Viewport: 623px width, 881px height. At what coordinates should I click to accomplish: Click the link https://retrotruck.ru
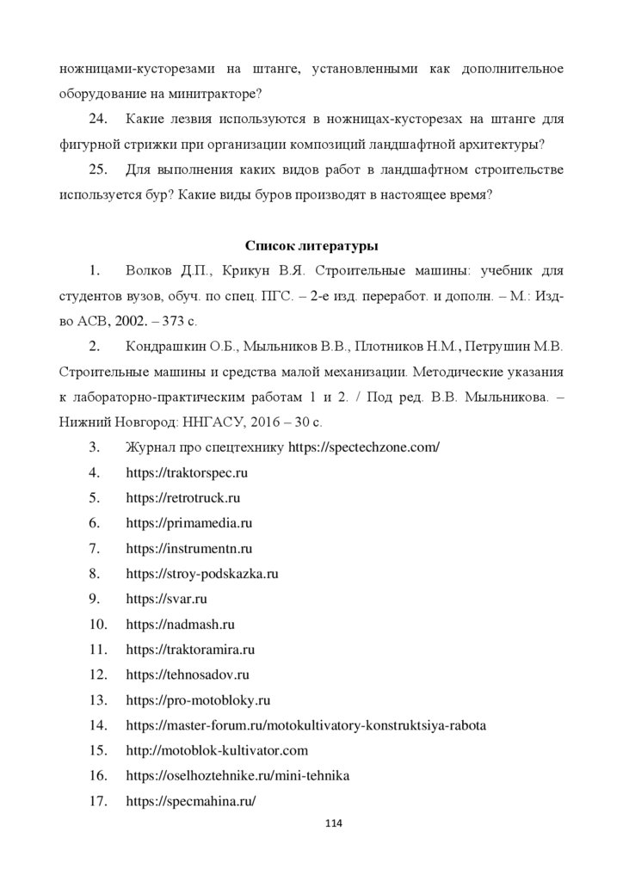click(x=182, y=497)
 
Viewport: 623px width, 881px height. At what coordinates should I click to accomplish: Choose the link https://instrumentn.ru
click(x=189, y=547)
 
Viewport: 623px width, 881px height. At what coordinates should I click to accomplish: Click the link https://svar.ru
click(x=167, y=598)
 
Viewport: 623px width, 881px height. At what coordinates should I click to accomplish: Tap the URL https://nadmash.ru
click(x=181, y=623)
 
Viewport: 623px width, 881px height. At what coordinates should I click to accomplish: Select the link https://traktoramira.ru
click(x=190, y=648)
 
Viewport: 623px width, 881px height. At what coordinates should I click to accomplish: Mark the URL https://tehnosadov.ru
click(x=188, y=674)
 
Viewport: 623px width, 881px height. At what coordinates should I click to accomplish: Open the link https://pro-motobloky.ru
click(x=198, y=699)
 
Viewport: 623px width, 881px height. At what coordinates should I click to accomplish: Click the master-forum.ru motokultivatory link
click(x=305, y=724)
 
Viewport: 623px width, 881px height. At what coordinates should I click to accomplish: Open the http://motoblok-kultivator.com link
click(x=216, y=749)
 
